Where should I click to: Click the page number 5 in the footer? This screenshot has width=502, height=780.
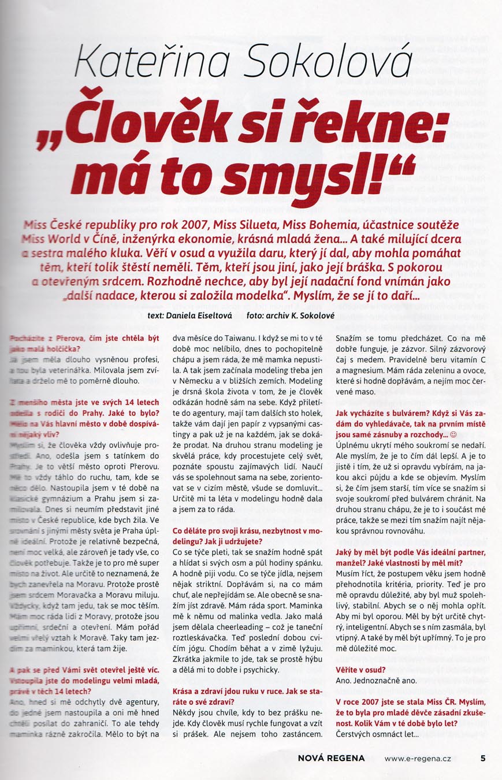click(482, 759)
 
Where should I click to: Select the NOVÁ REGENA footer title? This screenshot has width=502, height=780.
click(332, 759)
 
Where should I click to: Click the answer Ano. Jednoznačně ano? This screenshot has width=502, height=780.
click(376, 681)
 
